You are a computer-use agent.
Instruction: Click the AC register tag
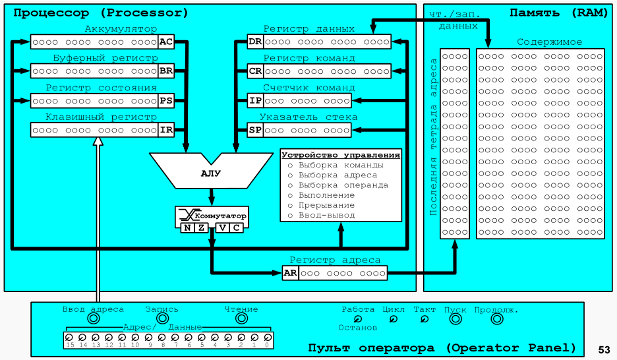point(166,42)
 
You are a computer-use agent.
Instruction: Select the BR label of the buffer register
point(166,71)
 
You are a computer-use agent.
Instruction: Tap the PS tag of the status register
point(166,100)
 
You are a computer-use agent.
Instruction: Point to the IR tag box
point(166,130)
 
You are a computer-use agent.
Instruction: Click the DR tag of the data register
point(255,42)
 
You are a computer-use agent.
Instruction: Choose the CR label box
point(255,71)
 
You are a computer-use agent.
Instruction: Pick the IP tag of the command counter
point(255,100)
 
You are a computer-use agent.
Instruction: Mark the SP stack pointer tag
point(255,130)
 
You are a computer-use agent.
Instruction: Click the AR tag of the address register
point(290,273)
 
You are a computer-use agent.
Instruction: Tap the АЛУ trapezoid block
point(211,173)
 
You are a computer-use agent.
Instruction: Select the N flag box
point(187,228)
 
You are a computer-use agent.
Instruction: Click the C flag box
point(235,228)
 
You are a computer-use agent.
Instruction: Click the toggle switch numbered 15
point(69,338)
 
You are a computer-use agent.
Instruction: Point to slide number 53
point(604,349)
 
